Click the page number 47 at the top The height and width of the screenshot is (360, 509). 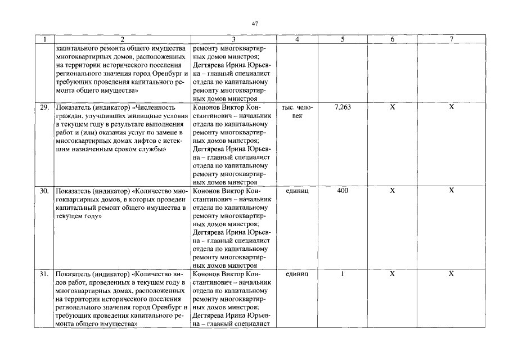pyautogui.click(x=255, y=23)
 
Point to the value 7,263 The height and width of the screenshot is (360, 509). pyautogui.click(x=342, y=107)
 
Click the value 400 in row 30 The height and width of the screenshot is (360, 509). pyautogui.click(x=342, y=191)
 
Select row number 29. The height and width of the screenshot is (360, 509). pyautogui.click(x=44, y=107)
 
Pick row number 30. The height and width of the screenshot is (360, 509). pyautogui.click(x=44, y=191)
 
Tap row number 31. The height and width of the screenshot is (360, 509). pyautogui.click(x=44, y=274)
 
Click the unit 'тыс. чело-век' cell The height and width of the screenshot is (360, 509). pyautogui.click(x=296, y=111)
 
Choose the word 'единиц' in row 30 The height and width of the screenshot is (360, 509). pyautogui.click(x=296, y=191)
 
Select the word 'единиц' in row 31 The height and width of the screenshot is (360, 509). pyautogui.click(x=296, y=274)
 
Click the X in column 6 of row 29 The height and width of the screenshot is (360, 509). pyautogui.click(x=393, y=107)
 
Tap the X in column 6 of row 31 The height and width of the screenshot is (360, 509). pyautogui.click(x=393, y=274)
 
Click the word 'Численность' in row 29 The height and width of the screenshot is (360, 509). pyautogui.click(x=155, y=107)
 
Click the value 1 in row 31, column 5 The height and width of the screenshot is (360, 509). pyautogui.click(x=342, y=274)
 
